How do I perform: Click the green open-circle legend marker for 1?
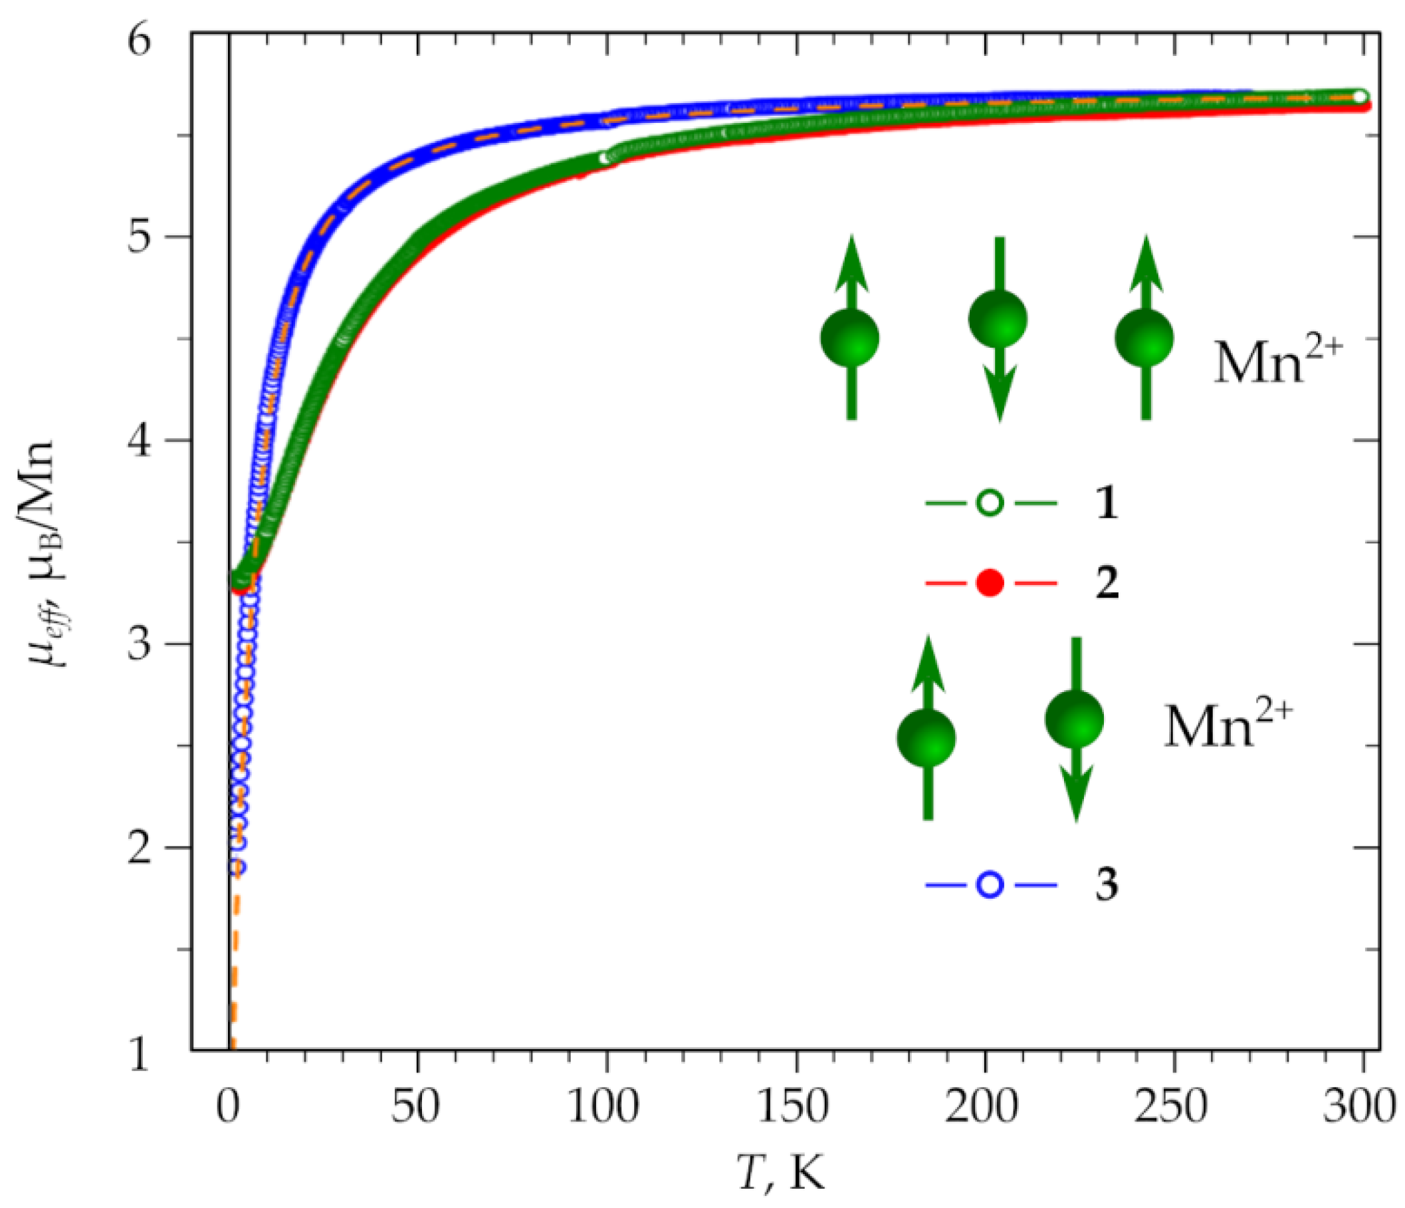pyautogui.click(x=990, y=503)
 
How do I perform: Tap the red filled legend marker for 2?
pyautogui.click(x=990, y=582)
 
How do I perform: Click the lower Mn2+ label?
pyautogui.click(x=1228, y=725)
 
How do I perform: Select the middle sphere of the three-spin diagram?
pyautogui.click(x=998, y=319)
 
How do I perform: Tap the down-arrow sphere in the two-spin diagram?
pyautogui.click(x=1074, y=719)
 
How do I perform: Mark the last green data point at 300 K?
pyautogui.click(x=1359, y=97)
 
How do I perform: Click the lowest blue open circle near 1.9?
pyautogui.click(x=237, y=867)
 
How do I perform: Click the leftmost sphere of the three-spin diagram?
pyautogui.click(x=850, y=338)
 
